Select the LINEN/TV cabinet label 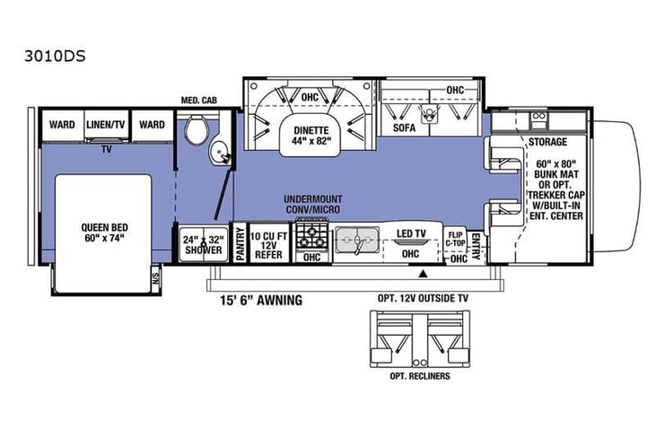pyautogui.click(x=107, y=125)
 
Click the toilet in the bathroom pyautogui.click(x=196, y=132)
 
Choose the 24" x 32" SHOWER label pyautogui.click(x=202, y=245)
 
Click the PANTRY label pyautogui.click(x=240, y=242)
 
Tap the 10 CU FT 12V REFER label pyautogui.click(x=269, y=243)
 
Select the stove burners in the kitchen pyautogui.click(x=312, y=234)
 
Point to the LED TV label pyautogui.click(x=412, y=234)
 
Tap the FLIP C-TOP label pyautogui.click(x=456, y=240)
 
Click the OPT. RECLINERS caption pyautogui.click(x=420, y=375)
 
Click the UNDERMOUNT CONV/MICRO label pyautogui.click(x=313, y=204)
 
